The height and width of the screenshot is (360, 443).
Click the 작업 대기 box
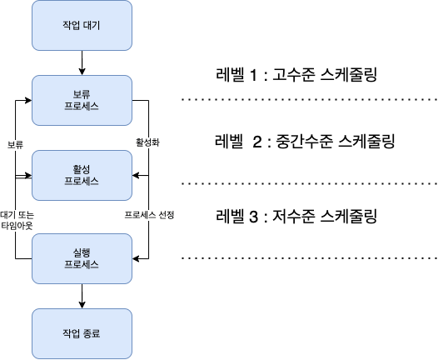[82, 25]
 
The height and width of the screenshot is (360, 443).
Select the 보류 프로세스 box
[82, 100]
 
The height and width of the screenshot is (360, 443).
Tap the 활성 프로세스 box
[82, 175]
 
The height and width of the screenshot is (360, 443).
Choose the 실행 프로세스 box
[82, 258]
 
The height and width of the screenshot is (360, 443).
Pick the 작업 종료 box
[82, 333]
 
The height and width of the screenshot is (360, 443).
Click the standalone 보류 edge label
[15, 145]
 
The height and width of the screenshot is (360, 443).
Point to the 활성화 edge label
[147, 142]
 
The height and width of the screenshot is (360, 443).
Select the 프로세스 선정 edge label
[149, 215]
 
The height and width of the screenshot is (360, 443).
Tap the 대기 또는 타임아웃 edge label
[17, 220]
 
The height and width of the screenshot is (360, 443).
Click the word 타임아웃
[17, 226]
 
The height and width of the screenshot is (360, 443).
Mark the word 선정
[166, 215]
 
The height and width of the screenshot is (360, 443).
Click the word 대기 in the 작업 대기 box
[92, 25]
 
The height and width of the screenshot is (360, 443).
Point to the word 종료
[92, 333]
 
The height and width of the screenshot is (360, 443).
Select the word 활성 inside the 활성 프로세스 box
[82, 169]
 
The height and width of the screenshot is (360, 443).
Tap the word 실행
[82, 252]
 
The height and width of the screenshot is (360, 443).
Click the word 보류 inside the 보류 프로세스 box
[82, 94]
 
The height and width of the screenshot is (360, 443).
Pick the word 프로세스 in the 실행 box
[82, 265]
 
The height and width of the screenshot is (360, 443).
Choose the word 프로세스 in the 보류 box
[82, 107]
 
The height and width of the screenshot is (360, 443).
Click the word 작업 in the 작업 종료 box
[71, 333]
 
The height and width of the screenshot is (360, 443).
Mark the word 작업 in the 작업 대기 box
[71, 25]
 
